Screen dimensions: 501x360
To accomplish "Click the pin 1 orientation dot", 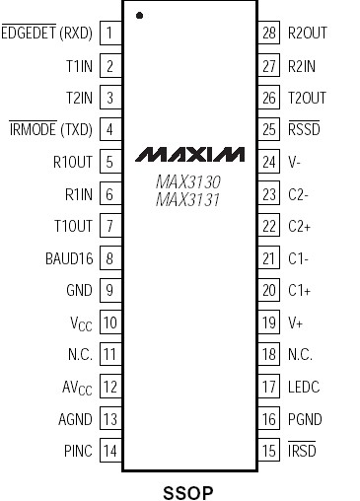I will coord(140,16).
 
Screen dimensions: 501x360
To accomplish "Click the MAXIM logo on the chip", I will coord(189,155).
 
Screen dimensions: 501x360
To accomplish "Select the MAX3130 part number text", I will coord(187,182).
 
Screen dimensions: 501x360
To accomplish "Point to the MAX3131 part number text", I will coord(187,200).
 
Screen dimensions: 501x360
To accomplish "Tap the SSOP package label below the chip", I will coord(187,490).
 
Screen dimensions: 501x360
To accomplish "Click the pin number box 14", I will coord(109,452).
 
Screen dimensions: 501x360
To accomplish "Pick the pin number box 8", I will coord(109,258).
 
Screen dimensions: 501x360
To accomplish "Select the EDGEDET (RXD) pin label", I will coord(47,33).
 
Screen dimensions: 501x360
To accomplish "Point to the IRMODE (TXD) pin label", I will coord(50,129).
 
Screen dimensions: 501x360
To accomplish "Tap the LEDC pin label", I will coord(305,388).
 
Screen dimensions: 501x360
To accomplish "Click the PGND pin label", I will coord(306,420).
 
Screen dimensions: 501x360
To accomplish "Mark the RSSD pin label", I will coord(304,129).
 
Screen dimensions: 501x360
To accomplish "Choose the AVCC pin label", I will coord(75,388).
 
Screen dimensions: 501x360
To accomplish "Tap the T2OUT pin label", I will coord(306,97).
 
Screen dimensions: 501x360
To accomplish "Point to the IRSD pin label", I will coord(302,452).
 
